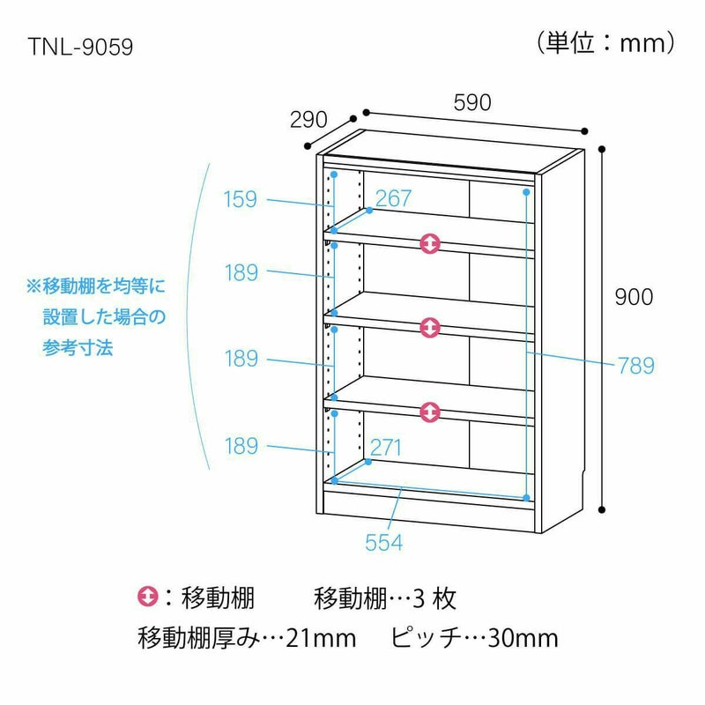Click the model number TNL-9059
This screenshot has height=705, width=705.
click(80, 47)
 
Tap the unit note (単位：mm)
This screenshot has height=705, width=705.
click(605, 43)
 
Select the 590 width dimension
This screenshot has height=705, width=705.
click(472, 103)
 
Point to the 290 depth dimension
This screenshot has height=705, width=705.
click(308, 120)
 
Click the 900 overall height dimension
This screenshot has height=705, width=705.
click(634, 297)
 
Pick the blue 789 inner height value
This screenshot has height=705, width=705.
click(636, 366)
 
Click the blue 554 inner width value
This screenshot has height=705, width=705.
click(383, 542)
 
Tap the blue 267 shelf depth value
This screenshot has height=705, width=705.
click(393, 198)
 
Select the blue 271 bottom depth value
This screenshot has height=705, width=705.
click(385, 448)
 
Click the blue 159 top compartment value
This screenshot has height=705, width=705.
click(241, 199)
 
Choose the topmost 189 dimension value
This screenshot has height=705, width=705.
click(241, 273)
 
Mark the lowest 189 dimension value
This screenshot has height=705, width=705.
click(241, 446)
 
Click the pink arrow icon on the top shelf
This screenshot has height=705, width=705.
click(430, 243)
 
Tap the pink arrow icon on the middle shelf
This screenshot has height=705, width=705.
click(430, 328)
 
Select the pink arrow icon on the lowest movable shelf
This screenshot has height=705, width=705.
click(430, 412)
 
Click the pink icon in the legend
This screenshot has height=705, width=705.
click(147, 597)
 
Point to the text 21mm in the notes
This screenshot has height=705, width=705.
click(321, 638)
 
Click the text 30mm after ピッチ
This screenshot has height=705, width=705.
click(523, 638)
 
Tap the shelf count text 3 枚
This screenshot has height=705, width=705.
click(434, 599)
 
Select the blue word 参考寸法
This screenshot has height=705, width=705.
click(78, 347)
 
